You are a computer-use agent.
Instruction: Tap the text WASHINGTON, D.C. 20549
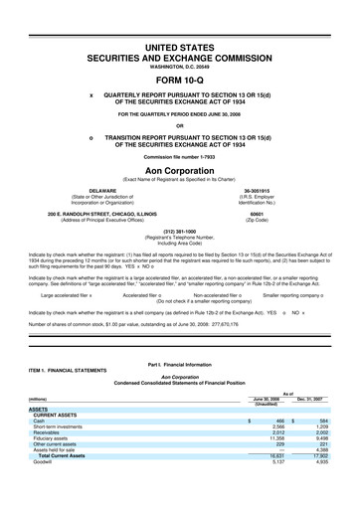point(180,66)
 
